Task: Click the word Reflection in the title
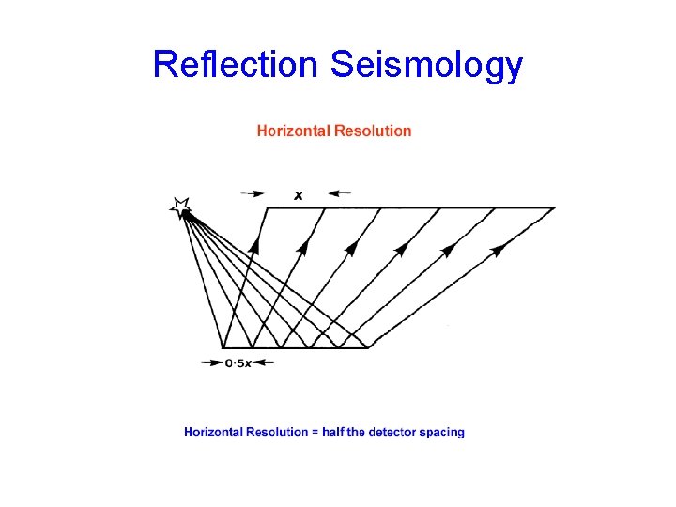[x=236, y=65]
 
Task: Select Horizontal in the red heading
[x=295, y=131]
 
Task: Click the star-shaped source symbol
[x=179, y=207]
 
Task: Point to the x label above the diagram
[x=298, y=195]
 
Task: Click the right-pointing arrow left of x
[x=253, y=194]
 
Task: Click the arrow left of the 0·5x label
[x=212, y=362]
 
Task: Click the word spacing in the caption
[x=444, y=433]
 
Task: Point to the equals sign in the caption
[x=315, y=432]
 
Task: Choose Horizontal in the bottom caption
[x=213, y=432]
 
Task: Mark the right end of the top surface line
[x=555, y=207]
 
